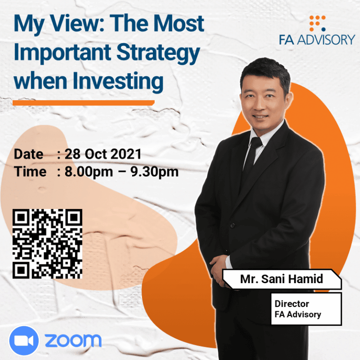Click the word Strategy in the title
[x=158, y=54]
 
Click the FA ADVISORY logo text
[x=317, y=40]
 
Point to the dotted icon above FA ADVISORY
[x=317, y=23]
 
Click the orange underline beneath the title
[x=83, y=103]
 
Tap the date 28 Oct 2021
[x=103, y=154]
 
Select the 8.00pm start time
[x=89, y=172]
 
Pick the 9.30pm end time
[x=154, y=172]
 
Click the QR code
[x=47, y=244]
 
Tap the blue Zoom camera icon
[x=24, y=341]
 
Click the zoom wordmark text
[x=73, y=340]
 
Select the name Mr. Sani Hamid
[x=281, y=279]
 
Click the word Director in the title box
[x=292, y=304]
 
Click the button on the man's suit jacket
[x=232, y=225]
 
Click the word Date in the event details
[x=29, y=154]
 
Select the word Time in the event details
[x=30, y=172]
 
